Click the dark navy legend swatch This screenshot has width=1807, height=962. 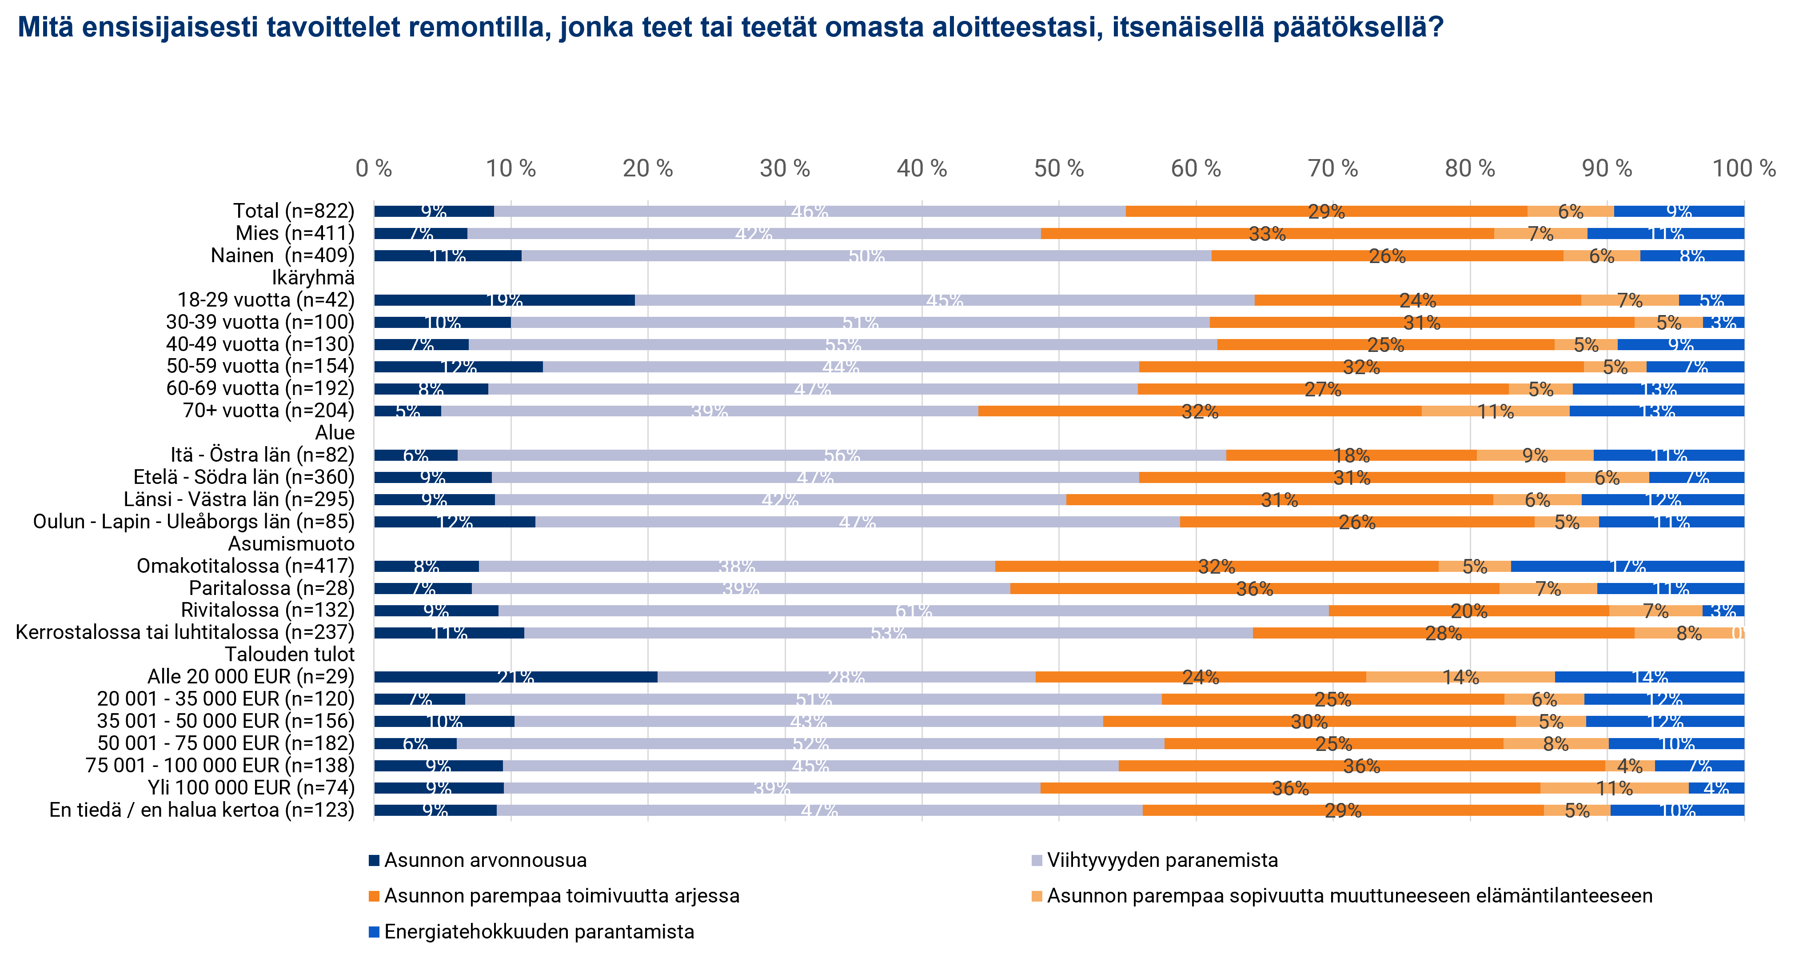374,860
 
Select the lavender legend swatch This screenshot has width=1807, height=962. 1037,860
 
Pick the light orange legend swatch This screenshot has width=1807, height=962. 1037,896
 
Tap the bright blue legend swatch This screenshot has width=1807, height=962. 374,932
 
